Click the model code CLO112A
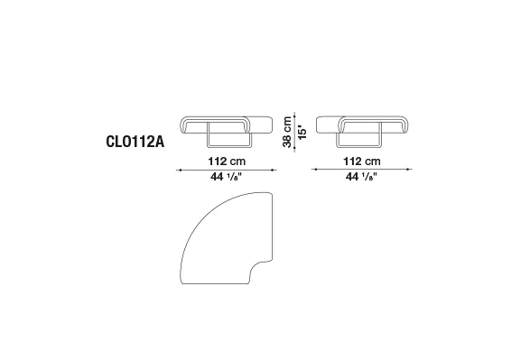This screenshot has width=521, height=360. pos(135,142)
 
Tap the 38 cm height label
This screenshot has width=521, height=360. pos(287,132)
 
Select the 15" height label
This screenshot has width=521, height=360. pos(302,132)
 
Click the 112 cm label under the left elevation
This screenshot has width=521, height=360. pos(227,162)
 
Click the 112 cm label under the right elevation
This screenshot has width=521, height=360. pos(361,162)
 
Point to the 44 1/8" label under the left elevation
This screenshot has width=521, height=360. pos(227,177)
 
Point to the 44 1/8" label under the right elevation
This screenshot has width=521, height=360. pos(361,177)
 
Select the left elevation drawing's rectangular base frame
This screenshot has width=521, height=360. pos(229,146)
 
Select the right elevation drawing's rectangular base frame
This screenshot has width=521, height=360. pos(359,146)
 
